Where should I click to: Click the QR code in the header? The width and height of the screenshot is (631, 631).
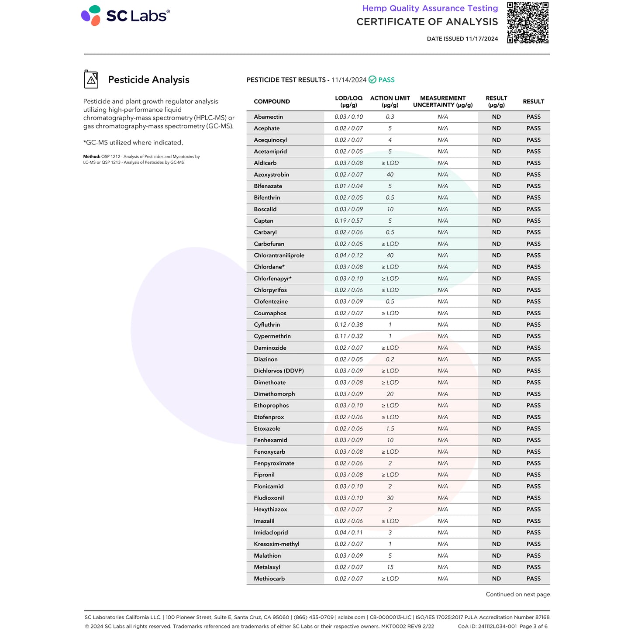pyautogui.click(x=528, y=23)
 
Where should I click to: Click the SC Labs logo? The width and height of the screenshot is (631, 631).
pyautogui.click(x=125, y=16)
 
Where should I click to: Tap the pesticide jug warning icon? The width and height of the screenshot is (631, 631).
pyautogui.click(x=91, y=79)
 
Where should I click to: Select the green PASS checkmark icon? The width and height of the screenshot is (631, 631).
pyautogui.click(x=372, y=79)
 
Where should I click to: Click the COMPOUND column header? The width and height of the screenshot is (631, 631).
pyautogui.click(x=272, y=102)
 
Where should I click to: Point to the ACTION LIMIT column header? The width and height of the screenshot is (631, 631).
pyautogui.click(x=390, y=101)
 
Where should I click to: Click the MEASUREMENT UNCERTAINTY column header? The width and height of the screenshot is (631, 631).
pyautogui.click(x=443, y=101)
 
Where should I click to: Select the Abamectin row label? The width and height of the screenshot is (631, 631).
pyautogui.click(x=268, y=117)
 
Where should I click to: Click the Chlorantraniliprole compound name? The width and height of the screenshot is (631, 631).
pyautogui.click(x=279, y=255)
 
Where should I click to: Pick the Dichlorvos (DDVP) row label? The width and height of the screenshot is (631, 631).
pyautogui.click(x=279, y=371)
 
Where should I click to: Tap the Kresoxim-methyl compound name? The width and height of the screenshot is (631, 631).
pyautogui.click(x=276, y=544)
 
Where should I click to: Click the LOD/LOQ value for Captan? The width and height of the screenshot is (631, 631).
pyautogui.click(x=348, y=221)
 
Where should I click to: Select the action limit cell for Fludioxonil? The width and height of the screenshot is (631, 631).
pyautogui.click(x=390, y=498)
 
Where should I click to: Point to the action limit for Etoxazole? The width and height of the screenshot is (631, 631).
pyautogui.click(x=390, y=429)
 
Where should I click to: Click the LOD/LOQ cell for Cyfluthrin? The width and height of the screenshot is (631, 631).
pyautogui.click(x=348, y=325)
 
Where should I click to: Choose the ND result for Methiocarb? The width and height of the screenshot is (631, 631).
pyautogui.click(x=496, y=579)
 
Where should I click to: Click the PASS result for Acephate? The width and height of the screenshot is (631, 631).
pyautogui.click(x=533, y=128)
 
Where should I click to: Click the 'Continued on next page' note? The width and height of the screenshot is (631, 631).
pyautogui.click(x=517, y=594)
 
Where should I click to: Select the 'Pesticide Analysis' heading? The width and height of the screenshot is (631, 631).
pyautogui.click(x=148, y=79)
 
